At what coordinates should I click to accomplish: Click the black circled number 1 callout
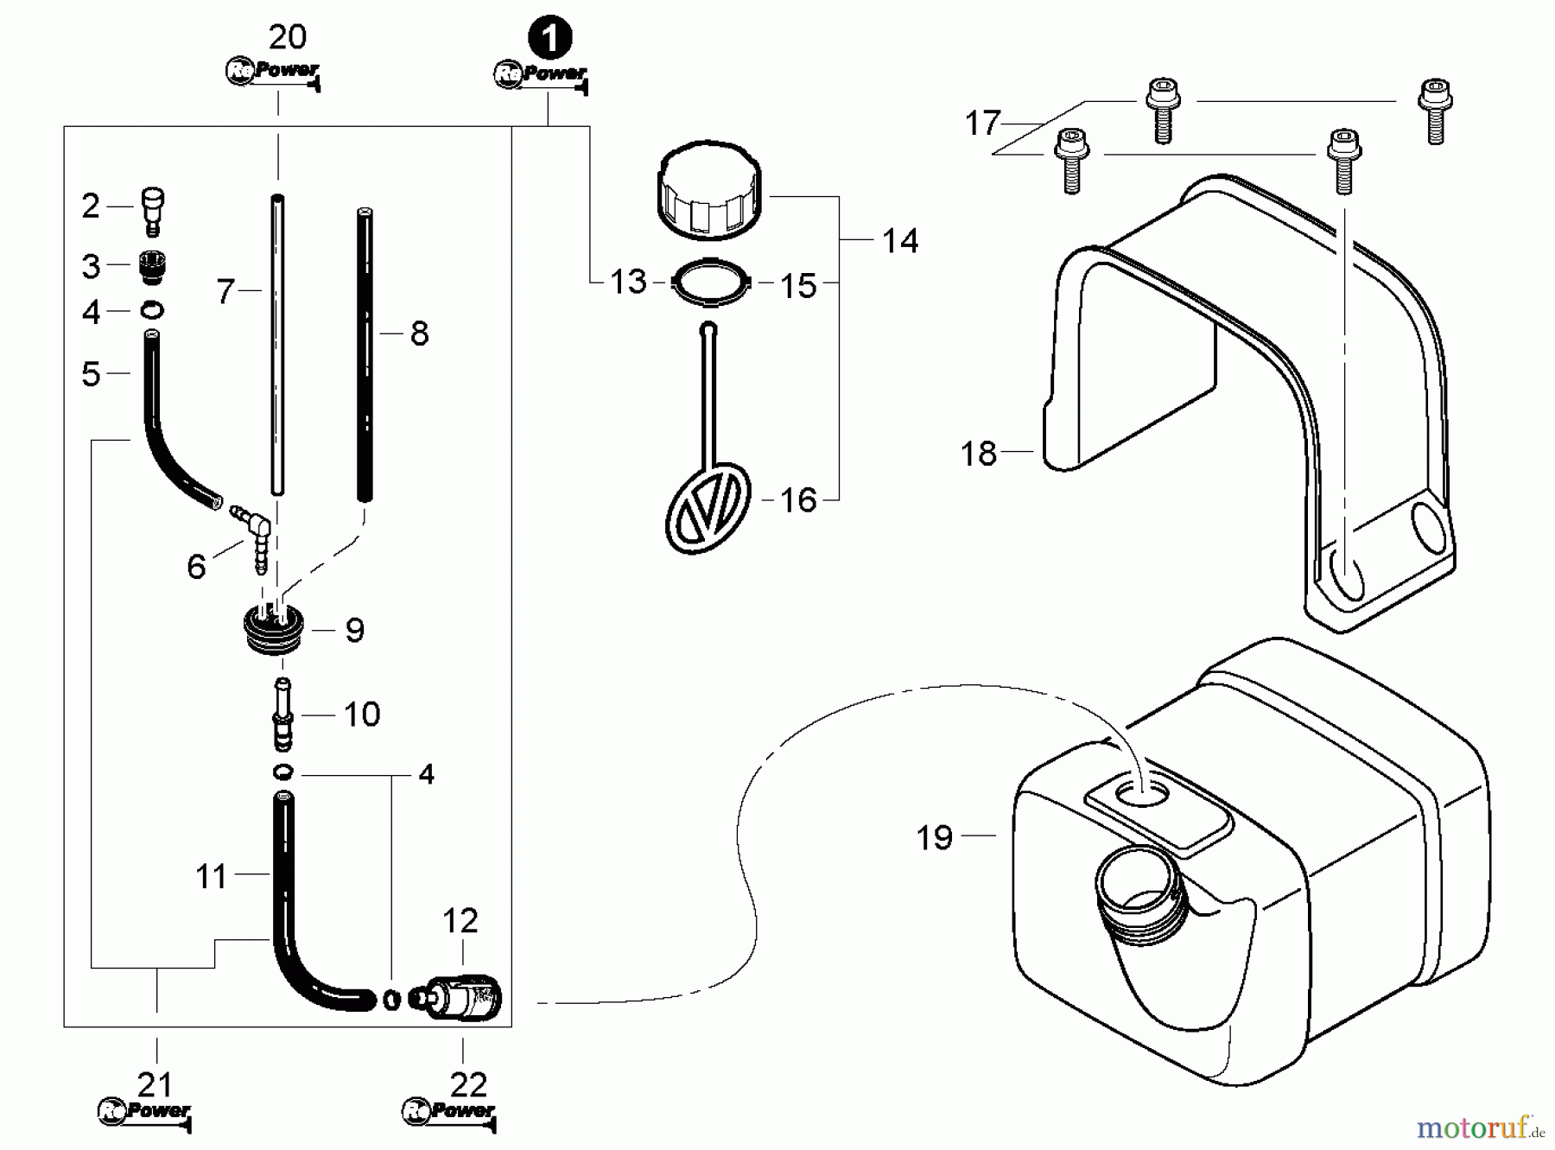point(550,39)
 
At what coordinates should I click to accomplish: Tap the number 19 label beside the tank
point(934,838)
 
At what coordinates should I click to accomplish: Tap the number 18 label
point(979,454)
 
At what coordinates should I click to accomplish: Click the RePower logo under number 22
point(449,1112)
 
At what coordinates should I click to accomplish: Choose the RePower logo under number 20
point(273,72)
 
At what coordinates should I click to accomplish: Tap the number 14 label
point(899,241)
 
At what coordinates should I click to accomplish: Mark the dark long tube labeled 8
point(365,354)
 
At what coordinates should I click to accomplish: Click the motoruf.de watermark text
point(1480,1127)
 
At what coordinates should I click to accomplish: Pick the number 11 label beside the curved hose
point(211,877)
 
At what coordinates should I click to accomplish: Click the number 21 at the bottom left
point(155,1084)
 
